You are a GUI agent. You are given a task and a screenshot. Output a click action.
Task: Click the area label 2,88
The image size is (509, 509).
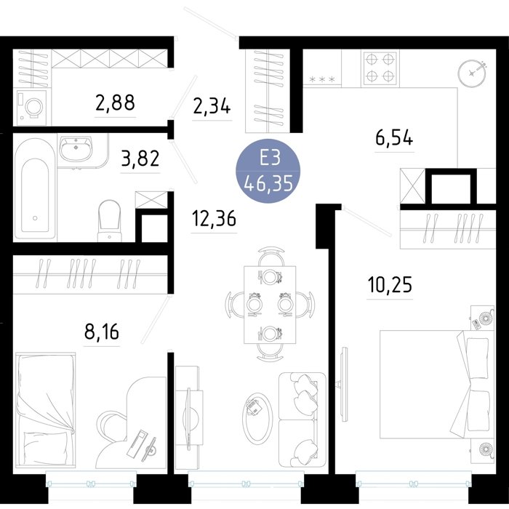pyautogui.click(x=115, y=103)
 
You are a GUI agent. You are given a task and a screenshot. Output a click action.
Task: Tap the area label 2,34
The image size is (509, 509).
pyautogui.click(x=212, y=106)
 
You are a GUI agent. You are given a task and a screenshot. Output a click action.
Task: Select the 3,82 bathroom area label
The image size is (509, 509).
pyautogui.click(x=140, y=159)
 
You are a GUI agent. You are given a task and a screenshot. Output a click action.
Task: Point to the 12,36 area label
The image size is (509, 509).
pyautogui.click(x=214, y=218)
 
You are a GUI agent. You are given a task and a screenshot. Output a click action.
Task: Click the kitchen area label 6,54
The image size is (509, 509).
pyautogui.click(x=394, y=137)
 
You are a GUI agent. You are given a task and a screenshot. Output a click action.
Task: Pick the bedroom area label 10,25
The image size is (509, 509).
pyautogui.click(x=390, y=284)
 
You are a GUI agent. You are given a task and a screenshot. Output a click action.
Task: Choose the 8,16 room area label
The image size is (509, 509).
pyautogui.click(x=102, y=332)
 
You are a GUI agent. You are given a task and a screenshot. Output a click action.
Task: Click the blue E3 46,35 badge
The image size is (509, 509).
pyautogui.click(x=268, y=171)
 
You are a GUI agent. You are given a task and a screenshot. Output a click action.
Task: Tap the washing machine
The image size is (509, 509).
pyautogui.click(x=31, y=106)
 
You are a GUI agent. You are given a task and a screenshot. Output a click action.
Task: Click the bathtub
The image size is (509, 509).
pyautogui.click(x=35, y=189)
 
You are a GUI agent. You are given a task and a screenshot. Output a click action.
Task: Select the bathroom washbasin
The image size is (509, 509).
pyautogui.click(x=76, y=148)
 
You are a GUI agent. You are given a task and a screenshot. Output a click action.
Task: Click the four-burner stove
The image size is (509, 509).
pyautogui.click(x=380, y=68)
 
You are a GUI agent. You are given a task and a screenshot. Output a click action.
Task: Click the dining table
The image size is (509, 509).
pyautogui.click(x=270, y=305)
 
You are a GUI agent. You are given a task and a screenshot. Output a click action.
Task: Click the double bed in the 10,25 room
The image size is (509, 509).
pyautogui.click(x=435, y=384)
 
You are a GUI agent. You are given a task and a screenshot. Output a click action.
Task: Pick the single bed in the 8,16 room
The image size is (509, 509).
pyautogui.click(x=46, y=411)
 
